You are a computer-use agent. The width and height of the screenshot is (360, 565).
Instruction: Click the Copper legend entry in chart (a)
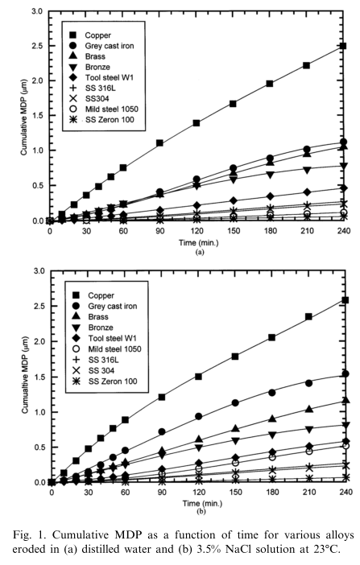tap(90, 35)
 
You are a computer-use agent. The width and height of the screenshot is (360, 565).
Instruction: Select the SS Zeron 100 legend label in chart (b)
tap(113, 381)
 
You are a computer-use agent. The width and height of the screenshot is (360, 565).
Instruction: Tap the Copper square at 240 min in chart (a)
tap(343, 46)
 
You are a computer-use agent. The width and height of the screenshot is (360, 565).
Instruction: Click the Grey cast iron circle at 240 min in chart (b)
tap(346, 373)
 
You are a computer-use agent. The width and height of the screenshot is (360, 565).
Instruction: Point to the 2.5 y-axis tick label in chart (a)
tap(37, 46)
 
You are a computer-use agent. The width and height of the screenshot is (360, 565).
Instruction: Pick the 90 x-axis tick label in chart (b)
tap(162, 492)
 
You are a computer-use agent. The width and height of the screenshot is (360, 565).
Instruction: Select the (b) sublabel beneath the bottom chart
tap(201, 511)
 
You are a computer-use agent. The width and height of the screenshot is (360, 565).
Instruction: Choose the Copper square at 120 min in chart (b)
tap(198, 377)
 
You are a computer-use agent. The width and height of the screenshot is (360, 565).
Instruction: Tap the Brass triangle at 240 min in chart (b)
tap(346, 400)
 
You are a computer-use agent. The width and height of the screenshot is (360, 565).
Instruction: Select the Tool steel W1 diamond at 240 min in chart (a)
tap(343, 188)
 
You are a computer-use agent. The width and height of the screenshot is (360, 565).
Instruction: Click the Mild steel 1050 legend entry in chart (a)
tap(104, 109)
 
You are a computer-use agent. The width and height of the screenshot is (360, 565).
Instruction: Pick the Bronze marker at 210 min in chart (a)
tap(306, 170)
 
